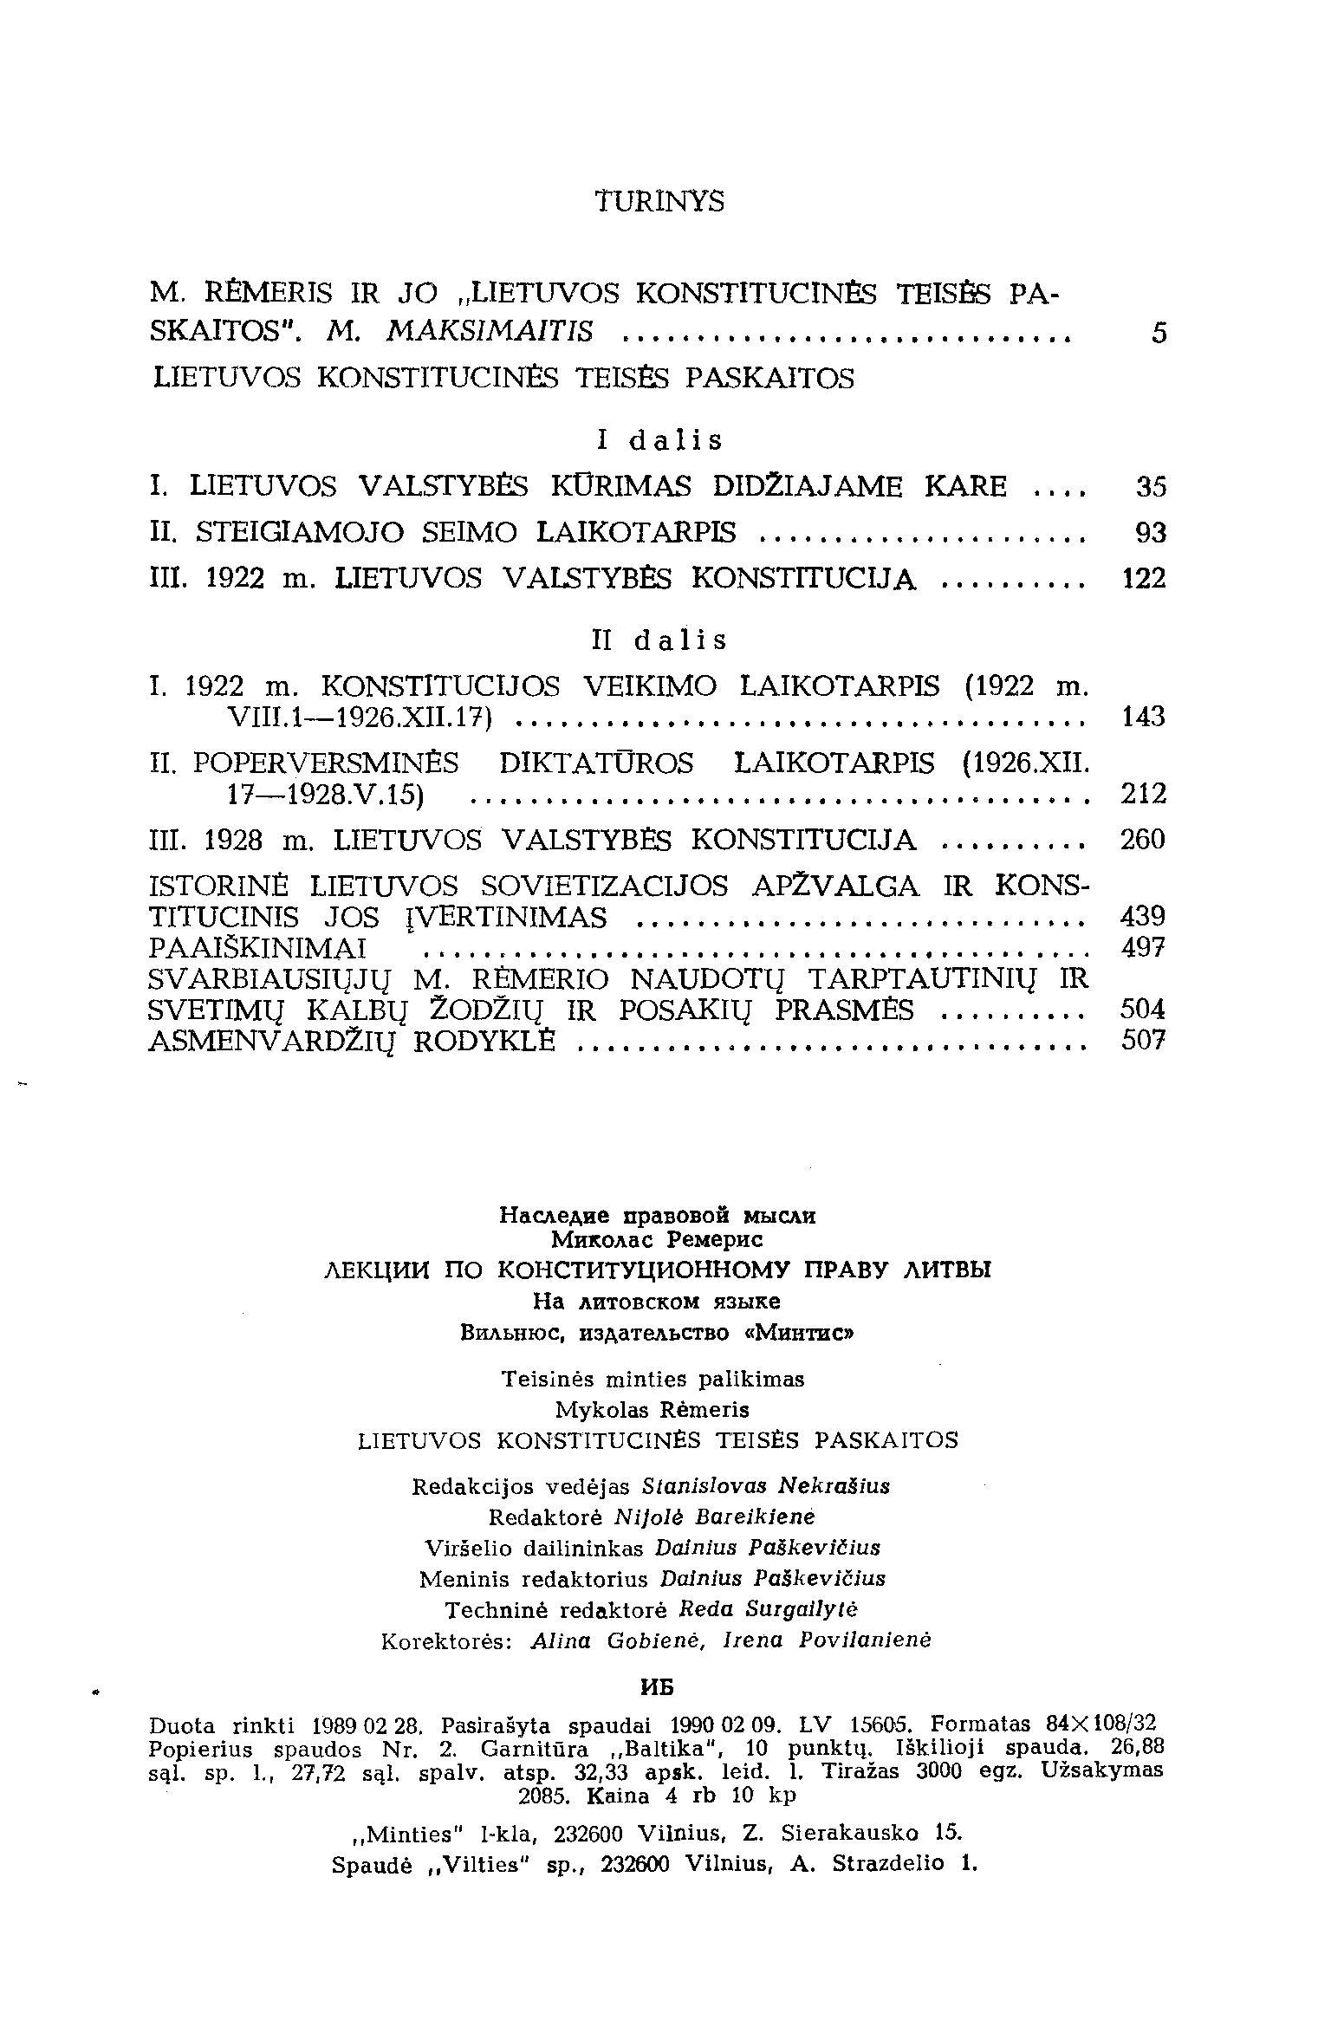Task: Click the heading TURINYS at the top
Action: tap(659, 201)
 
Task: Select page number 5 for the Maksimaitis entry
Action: tap(1159, 334)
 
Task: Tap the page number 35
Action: tap(1151, 488)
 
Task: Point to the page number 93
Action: tap(1151, 533)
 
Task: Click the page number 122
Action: tap(1144, 579)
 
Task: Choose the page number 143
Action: tap(1144, 718)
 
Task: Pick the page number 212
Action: tap(1144, 794)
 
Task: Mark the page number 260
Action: tap(1144, 840)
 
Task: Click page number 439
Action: tap(1144, 917)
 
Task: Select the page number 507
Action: tap(1144, 1040)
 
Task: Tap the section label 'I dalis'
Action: tap(659, 441)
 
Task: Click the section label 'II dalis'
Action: tap(659, 640)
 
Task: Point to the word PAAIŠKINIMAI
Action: tap(258, 948)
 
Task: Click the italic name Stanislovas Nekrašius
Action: tap(767, 1486)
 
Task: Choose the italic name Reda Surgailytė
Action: tap(768, 1609)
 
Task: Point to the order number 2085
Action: tap(544, 1796)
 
